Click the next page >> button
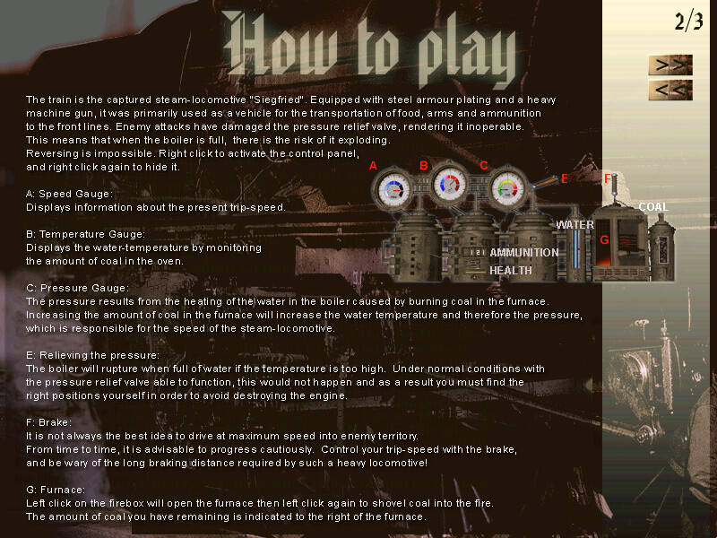[x=670, y=65]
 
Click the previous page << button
[x=670, y=90]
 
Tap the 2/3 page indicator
[x=688, y=22]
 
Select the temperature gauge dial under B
[x=449, y=184]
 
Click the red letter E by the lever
[x=565, y=178]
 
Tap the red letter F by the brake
[x=608, y=178]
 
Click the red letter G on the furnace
[x=604, y=239]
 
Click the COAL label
[x=653, y=207]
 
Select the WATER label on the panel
[x=574, y=225]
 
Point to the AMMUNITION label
[x=524, y=253]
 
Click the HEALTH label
[x=511, y=271]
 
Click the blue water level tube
[x=575, y=250]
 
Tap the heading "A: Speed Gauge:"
[x=69, y=194]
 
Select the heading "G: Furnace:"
[x=56, y=490]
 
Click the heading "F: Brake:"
[x=49, y=422]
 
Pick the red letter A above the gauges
[x=373, y=166]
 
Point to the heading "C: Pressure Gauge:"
[x=77, y=288]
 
